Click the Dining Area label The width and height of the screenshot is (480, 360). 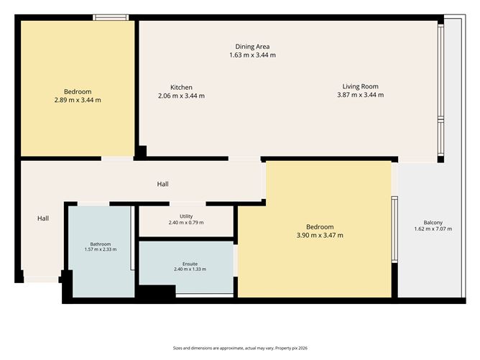(252, 47)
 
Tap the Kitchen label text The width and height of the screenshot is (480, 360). (181, 87)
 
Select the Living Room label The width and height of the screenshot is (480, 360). (360, 87)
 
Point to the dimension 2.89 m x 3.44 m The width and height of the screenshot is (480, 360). (78, 100)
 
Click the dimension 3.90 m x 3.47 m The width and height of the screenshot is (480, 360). (320, 235)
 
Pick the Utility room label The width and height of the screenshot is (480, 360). (186, 216)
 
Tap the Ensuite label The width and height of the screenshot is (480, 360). (190, 264)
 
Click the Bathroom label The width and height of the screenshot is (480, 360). (101, 244)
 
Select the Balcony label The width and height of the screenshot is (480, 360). (433, 223)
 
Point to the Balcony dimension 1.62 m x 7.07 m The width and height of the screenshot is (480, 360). (433, 229)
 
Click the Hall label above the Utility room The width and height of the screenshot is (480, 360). (163, 184)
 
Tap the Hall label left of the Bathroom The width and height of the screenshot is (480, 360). (43, 218)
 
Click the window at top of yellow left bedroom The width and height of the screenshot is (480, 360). (111, 17)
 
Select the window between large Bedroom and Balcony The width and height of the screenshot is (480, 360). (394, 229)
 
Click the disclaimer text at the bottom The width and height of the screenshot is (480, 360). (240, 348)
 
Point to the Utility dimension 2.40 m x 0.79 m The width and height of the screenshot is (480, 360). (186, 223)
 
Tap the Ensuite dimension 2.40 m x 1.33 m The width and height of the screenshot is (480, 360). (190, 269)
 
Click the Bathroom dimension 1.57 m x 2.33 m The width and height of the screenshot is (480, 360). (101, 249)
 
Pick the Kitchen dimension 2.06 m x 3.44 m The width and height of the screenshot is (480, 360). (181, 96)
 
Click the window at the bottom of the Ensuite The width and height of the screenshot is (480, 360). (205, 295)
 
